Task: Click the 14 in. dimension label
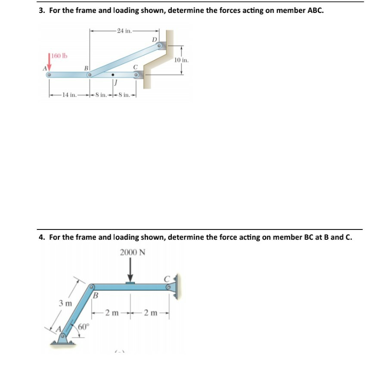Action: (x=69, y=95)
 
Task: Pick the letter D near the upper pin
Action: (x=155, y=40)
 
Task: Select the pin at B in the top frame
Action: (x=89, y=75)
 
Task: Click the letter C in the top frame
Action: (x=135, y=67)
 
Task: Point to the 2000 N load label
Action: (x=132, y=252)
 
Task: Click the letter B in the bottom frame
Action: (x=96, y=296)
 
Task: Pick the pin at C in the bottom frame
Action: (x=169, y=285)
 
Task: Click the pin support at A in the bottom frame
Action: (x=64, y=338)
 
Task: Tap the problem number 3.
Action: (x=41, y=11)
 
